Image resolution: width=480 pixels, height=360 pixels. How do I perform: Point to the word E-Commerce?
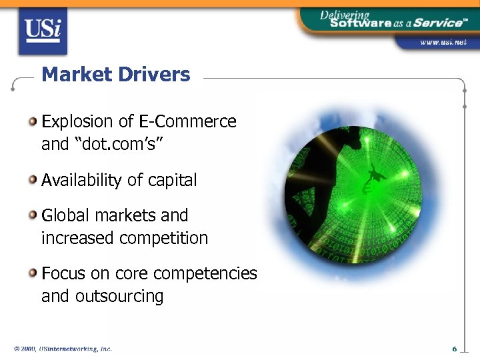[187, 121]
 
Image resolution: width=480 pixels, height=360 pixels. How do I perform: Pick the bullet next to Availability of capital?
[33, 179]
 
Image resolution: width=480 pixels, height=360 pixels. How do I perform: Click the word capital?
[173, 180]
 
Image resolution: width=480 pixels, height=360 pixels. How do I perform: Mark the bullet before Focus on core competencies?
[33, 273]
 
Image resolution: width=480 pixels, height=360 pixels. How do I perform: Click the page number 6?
[453, 349]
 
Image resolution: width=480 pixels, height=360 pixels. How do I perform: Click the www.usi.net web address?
[443, 42]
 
